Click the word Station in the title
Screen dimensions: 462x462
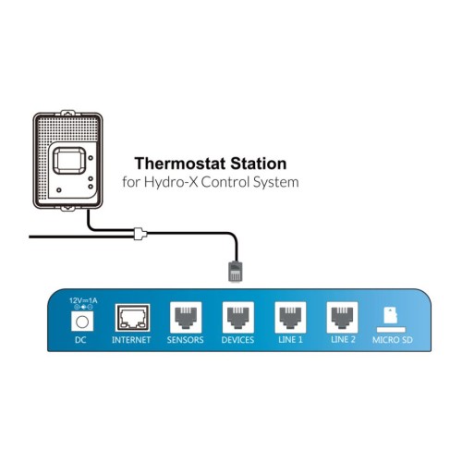(x=259, y=164)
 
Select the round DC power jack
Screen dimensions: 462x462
(x=82, y=322)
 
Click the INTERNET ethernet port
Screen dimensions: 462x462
(x=132, y=318)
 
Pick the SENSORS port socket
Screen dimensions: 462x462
(x=186, y=317)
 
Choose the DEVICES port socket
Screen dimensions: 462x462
(x=238, y=317)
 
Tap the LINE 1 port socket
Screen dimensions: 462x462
(x=290, y=317)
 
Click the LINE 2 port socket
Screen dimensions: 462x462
(x=343, y=317)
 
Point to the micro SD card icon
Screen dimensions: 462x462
(x=391, y=315)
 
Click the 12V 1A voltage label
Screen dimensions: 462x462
(x=83, y=300)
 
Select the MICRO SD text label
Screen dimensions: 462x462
(x=393, y=340)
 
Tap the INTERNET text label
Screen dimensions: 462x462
(x=131, y=340)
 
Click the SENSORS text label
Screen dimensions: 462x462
(x=186, y=340)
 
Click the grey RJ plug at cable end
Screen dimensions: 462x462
(x=236, y=272)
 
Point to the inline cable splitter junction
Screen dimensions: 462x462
(x=140, y=234)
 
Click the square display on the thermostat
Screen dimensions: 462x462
(x=69, y=161)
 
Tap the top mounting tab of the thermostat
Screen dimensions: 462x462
(x=67, y=113)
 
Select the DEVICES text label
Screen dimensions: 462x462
(x=237, y=340)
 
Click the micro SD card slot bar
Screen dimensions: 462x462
(x=391, y=330)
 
